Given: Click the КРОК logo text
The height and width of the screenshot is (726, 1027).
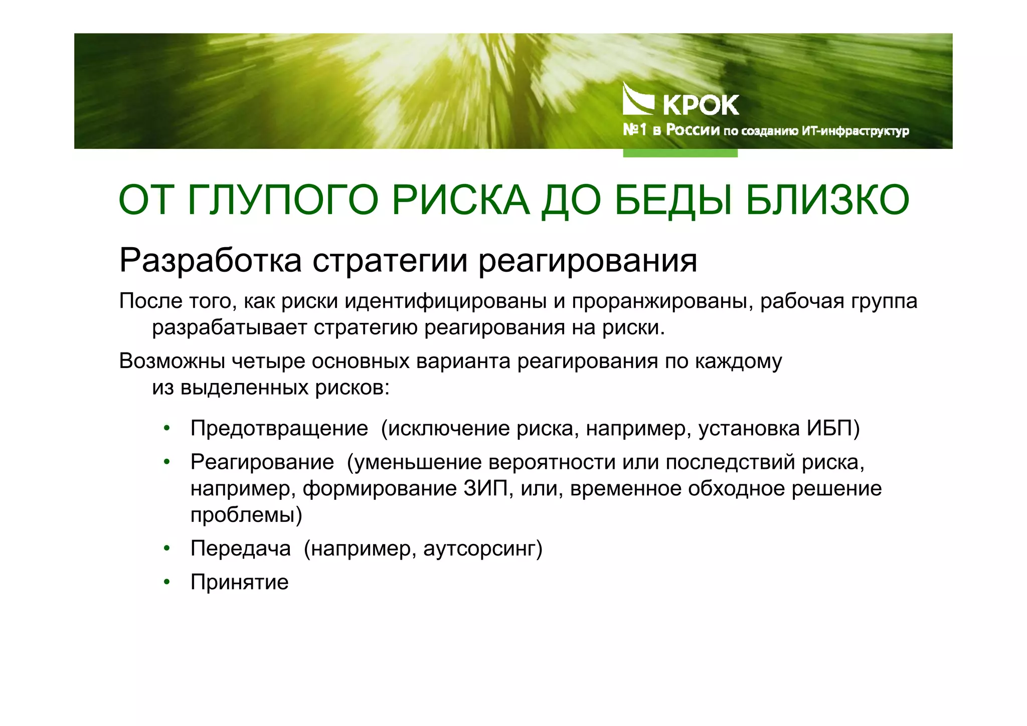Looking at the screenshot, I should coord(701,105).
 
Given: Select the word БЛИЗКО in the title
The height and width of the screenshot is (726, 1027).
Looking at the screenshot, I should coord(827,201).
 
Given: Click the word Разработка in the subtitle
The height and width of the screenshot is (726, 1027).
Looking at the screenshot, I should coord(211,261).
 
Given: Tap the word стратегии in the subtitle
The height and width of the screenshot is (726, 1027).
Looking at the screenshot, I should coord(391,261).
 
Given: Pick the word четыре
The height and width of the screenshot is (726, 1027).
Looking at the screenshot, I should coord(268,361).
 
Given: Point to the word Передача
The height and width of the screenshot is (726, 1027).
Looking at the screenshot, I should coord(241,549).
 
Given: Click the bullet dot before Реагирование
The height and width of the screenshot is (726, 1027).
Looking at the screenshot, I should coord(167,462).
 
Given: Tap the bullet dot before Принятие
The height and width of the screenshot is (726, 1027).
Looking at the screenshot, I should coord(167,582).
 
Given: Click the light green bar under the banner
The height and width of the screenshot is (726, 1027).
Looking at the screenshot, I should coord(680,153).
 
